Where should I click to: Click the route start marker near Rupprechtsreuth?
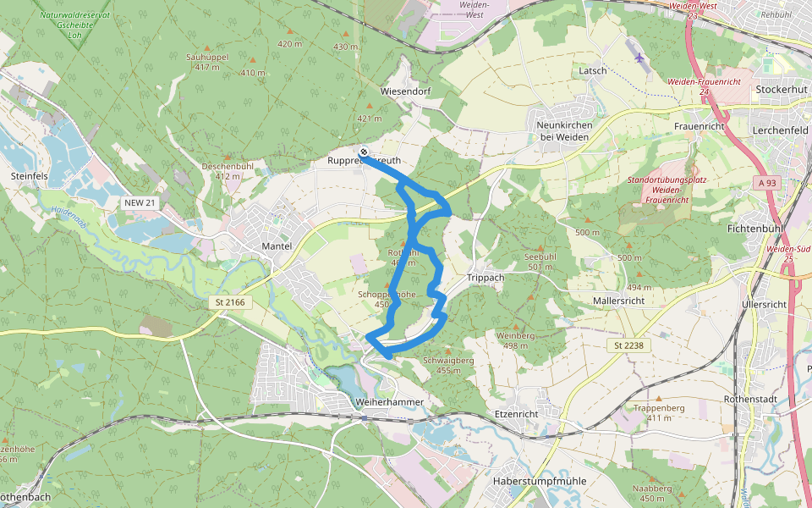pyautogui.click(x=364, y=152)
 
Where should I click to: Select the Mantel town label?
pyautogui.click(x=277, y=246)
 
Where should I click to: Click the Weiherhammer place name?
pyautogui.click(x=389, y=401)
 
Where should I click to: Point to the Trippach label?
pyautogui.click(x=486, y=278)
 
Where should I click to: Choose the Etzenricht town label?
pyautogui.click(x=515, y=413)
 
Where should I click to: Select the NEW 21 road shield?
pyautogui.click(x=140, y=203)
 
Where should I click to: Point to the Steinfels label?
pyautogui.click(x=30, y=176)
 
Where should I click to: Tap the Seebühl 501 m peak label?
pyautogui.click(x=540, y=262)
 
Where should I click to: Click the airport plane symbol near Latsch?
pyautogui.click(x=639, y=58)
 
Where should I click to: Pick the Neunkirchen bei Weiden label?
pyautogui.click(x=564, y=130)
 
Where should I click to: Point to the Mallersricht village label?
pyautogui.click(x=619, y=301)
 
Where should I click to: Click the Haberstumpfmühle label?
pyautogui.click(x=539, y=481)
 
